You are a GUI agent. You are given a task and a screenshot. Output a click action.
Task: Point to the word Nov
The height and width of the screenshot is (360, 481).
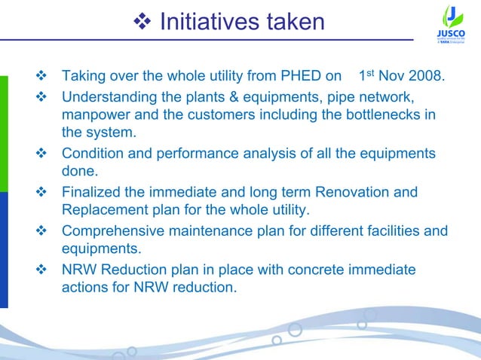393,77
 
